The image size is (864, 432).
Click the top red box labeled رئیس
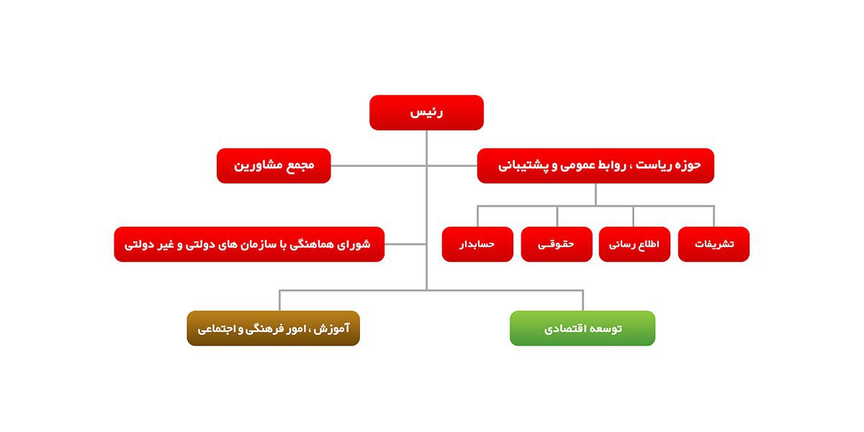[426, 112]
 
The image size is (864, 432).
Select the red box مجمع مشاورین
[274, 166]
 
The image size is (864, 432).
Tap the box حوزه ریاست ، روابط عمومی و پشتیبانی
[595, 166]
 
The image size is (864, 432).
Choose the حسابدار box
[477, 244]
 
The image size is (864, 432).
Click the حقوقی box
[557, 244]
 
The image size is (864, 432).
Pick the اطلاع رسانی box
[634, 244]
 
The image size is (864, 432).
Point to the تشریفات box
[714, 244]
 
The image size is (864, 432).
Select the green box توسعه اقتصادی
[582, 328]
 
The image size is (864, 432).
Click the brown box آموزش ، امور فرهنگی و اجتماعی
[274, 328]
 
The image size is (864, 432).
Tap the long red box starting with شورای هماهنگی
[249, 244]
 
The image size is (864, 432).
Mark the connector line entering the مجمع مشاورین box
[379, 166]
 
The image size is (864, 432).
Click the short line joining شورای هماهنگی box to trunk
[405, 244]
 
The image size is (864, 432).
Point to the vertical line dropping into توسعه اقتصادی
[582, 300]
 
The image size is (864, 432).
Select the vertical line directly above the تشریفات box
[714, 217]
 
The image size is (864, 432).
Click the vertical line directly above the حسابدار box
[477, 217]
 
